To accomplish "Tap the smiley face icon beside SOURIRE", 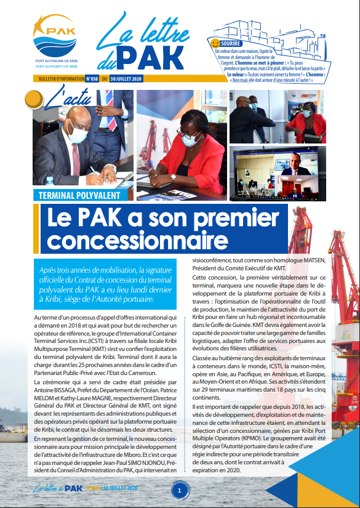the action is pyautogui.click(x=215, y=44).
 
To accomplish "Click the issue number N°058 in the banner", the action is pyautogui.click(x=91, y=79).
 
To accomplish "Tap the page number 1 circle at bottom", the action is pyautogui.click(x=180, y=491).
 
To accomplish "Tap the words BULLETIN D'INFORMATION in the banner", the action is pyautogui.click(x=57, y=79).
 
